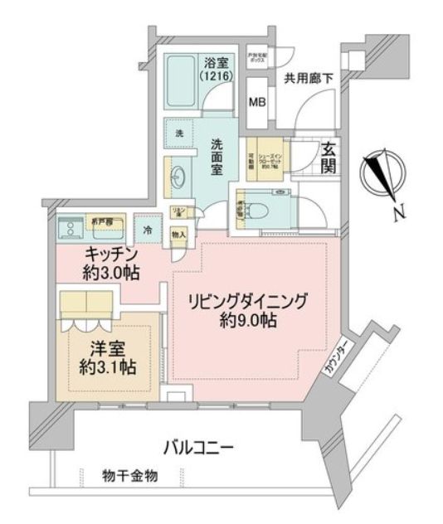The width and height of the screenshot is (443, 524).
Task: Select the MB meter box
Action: click(x=258, y=104)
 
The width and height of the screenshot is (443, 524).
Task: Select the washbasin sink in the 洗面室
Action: click(x=178, y=173)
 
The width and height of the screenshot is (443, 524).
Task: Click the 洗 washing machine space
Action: click(x=178, y=133)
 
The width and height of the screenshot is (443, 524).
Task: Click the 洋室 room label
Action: click(x=99, y=350)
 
